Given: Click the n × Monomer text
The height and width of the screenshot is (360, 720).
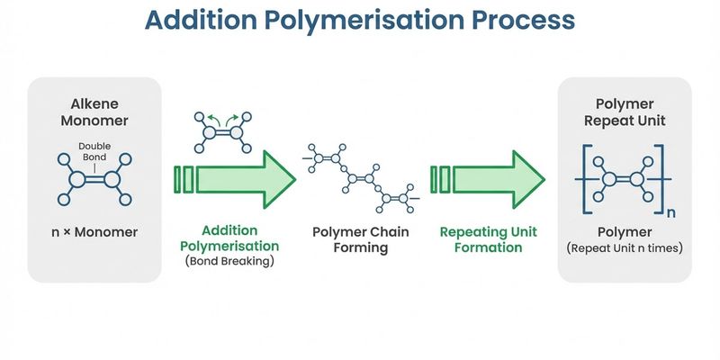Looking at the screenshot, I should point(94,232).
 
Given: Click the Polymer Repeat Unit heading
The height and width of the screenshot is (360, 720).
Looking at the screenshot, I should point(625,111).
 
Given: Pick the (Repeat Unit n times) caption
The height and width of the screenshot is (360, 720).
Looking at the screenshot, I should point(625,247).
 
